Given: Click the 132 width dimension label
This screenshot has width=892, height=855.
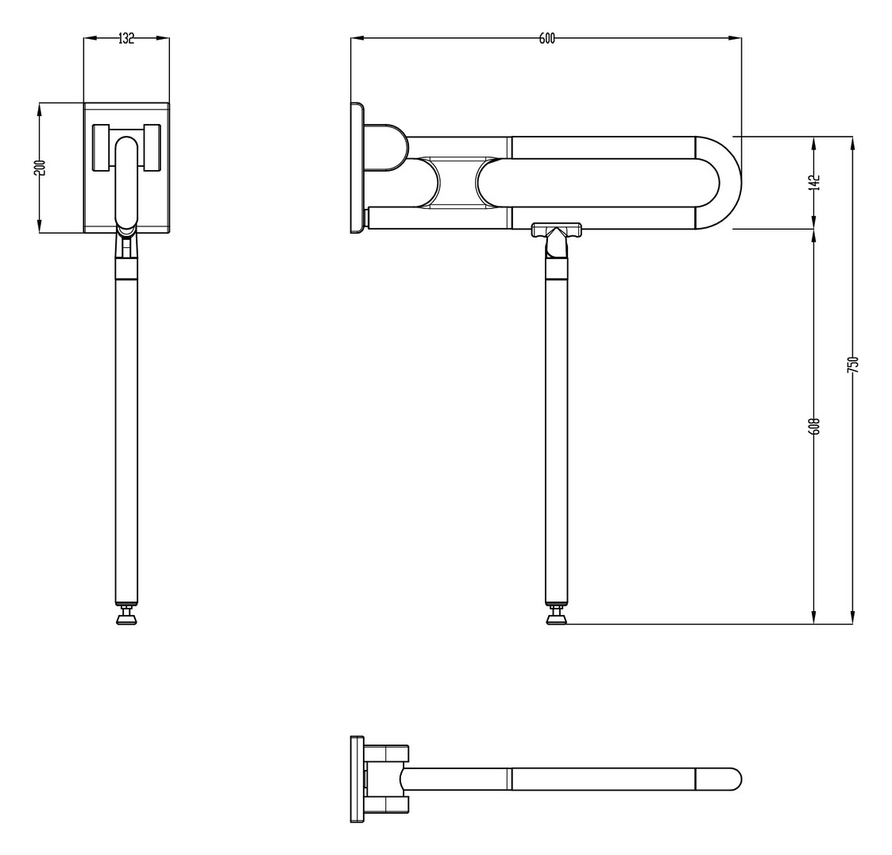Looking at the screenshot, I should click(x=126, y=38).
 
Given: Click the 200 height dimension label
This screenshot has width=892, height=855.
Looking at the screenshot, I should click(x=41, y=168).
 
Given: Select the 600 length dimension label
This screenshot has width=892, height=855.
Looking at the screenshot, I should click(x=546, y=38).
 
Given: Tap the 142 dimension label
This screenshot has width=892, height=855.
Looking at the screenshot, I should click(x=813, y=182).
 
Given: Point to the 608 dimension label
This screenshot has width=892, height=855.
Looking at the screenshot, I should click(x=813, y=426).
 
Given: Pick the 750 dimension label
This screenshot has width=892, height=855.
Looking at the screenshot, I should click(x=852, y=364).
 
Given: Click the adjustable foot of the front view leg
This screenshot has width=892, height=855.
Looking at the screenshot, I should click(x=126, y=617).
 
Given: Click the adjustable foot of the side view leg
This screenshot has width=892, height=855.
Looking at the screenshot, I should click(x=557, y=617).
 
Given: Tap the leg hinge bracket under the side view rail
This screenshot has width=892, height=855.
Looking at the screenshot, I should click(x=556, y=232).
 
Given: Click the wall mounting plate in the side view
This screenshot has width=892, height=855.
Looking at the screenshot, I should click(x=357, y=168).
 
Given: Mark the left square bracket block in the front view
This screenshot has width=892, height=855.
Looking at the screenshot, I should click(x=101, y=147).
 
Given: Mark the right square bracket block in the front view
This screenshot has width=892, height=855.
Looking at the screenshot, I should click(x=152, y=147).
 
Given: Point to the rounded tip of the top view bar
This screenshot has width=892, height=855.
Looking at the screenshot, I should click(x=733, y=779).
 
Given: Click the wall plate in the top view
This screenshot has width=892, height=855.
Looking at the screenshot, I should click(x=357, y=779).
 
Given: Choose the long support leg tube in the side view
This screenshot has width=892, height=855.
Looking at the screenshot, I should click(x=556, y=437).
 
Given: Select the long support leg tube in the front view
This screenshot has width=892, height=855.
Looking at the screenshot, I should click(x=126, y=437).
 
